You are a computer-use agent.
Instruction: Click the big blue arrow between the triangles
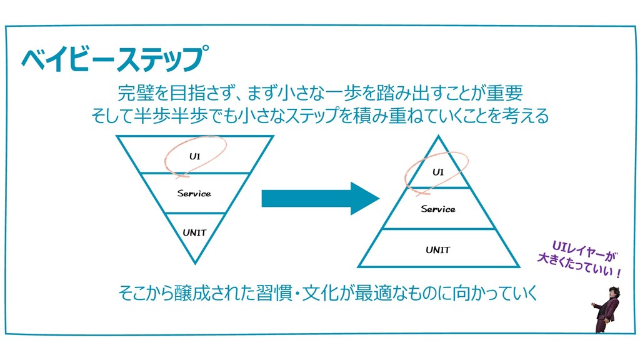coord(319,198)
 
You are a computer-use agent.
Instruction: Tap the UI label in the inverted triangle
coord(195,156)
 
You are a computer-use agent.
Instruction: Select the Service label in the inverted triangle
coord(194,193)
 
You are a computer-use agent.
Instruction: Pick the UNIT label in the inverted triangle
coord(194,232)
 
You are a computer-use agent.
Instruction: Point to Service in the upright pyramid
coord(437,209)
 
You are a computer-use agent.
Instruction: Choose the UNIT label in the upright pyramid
coord(437,250)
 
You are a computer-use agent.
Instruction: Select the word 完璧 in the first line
coord(136,94)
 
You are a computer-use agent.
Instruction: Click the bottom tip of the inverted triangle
coord(195,263)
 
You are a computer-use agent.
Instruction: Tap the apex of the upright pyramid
coord(437,136)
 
